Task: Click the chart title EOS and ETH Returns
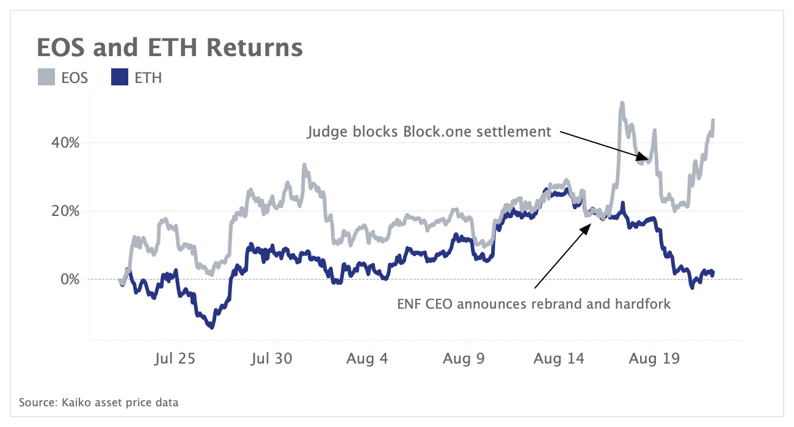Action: (169, 48)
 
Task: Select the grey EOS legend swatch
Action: (46, 77)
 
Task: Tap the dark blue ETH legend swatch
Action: (119, 77)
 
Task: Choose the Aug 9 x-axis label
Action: (464, 357)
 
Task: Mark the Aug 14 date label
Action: (559, 357)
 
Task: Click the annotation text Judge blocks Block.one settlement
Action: (429, 132)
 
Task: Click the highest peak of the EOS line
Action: (622, 104)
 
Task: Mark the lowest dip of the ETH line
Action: (211, 328)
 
